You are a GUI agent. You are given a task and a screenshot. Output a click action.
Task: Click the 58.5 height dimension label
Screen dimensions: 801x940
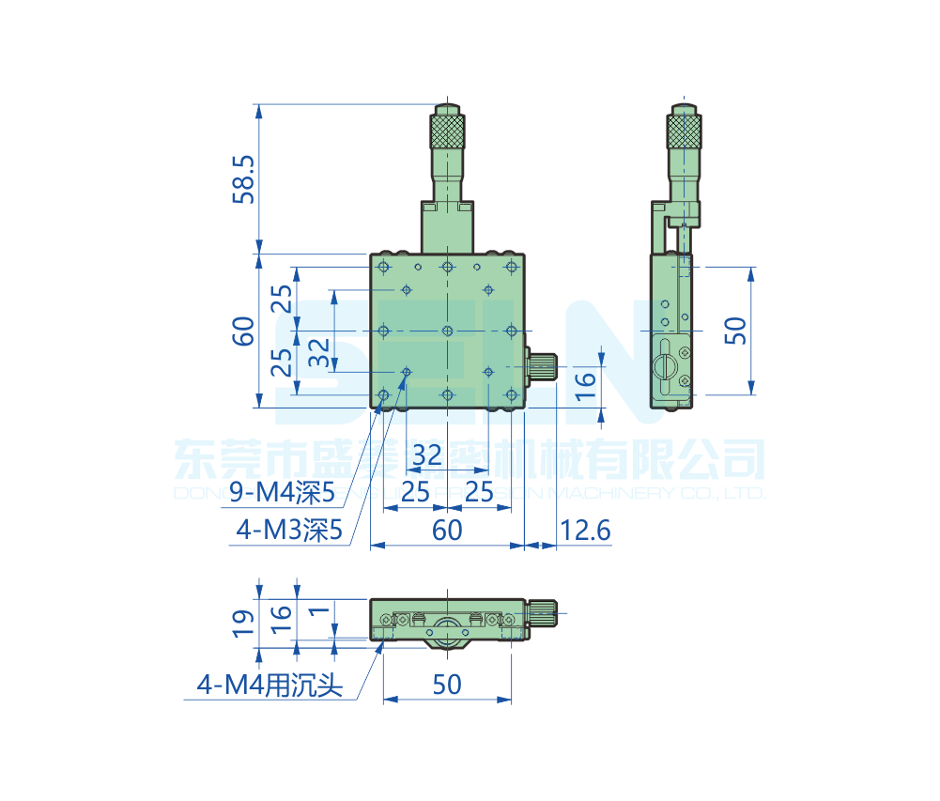click(243, 179)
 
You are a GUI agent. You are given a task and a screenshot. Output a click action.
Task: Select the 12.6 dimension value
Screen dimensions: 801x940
click(585, 531)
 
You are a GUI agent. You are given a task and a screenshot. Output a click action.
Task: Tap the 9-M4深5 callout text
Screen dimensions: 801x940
click(283, 491)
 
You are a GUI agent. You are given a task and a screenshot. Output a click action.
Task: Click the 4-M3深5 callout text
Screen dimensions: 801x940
click(289, 531)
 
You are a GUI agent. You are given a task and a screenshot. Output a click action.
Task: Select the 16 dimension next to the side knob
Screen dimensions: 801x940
click(584, 380)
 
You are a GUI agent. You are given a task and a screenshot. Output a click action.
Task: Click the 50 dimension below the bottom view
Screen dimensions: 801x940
click(447, 685)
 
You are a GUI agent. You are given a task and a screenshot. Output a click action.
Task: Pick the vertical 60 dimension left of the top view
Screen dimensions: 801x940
click(243, 331)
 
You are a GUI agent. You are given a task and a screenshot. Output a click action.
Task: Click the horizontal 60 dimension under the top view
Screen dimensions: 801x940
click(447, 531)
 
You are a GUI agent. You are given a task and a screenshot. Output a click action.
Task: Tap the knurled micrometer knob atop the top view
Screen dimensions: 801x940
click(448, 129)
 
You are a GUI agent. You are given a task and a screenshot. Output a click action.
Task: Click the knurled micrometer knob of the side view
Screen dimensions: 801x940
click(685, 130)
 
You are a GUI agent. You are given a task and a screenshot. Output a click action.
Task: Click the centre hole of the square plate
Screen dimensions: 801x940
click(448, 331)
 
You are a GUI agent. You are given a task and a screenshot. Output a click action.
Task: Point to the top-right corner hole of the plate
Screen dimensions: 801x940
click(511, 269)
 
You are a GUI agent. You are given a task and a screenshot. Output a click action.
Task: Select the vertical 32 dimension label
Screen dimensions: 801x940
click(319, 352)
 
